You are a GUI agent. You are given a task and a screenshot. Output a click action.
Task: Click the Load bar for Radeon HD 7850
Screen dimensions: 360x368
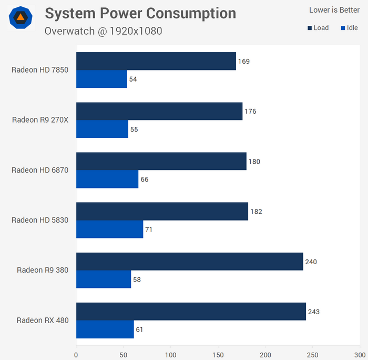[x=156, y=61]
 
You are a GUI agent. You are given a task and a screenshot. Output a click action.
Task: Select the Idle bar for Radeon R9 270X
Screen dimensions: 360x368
[x=102, y=129]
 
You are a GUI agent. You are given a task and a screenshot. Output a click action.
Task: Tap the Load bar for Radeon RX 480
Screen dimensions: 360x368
[x=191, y=312]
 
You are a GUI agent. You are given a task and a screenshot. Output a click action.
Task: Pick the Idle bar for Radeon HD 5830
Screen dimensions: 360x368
[x=109, y=229]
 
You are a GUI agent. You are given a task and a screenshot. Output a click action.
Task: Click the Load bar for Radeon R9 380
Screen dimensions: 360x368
[x=190, y=262]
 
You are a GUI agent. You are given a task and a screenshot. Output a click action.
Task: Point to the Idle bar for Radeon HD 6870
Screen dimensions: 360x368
[x=107, y=179]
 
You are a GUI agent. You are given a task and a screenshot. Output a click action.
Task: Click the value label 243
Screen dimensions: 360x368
[x=314, y=312]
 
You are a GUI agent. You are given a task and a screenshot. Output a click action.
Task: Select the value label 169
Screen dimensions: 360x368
[x=243, y=61]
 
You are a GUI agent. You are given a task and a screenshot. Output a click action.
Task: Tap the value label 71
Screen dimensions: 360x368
[x=149, y=229]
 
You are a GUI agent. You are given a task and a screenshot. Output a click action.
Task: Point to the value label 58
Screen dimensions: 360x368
[x=137, y=280]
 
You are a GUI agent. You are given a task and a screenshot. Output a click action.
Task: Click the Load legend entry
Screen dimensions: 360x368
[x=318, y=28]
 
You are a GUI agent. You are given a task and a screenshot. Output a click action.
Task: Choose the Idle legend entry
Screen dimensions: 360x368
[x=350, y=28]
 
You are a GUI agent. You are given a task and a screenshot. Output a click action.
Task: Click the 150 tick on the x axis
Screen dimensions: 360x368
[x=218, y=355]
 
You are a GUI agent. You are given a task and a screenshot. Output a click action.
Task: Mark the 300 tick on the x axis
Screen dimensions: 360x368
[x=360, y=355]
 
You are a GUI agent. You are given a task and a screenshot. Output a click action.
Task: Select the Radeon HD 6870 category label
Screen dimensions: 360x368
[x=40, y=170]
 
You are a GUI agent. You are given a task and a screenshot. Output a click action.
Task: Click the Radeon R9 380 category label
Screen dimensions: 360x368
[x=43, y=270]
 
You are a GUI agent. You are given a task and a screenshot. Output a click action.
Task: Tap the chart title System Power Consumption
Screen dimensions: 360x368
[x=140, y=13]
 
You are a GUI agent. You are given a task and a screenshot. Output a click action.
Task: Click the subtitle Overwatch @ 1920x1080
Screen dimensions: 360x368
[x=103, y=31]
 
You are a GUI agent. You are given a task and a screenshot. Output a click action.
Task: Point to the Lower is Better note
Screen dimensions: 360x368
[x=334, y=9]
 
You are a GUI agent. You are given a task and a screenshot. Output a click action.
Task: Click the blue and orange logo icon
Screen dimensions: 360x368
[x=21, y=17]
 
